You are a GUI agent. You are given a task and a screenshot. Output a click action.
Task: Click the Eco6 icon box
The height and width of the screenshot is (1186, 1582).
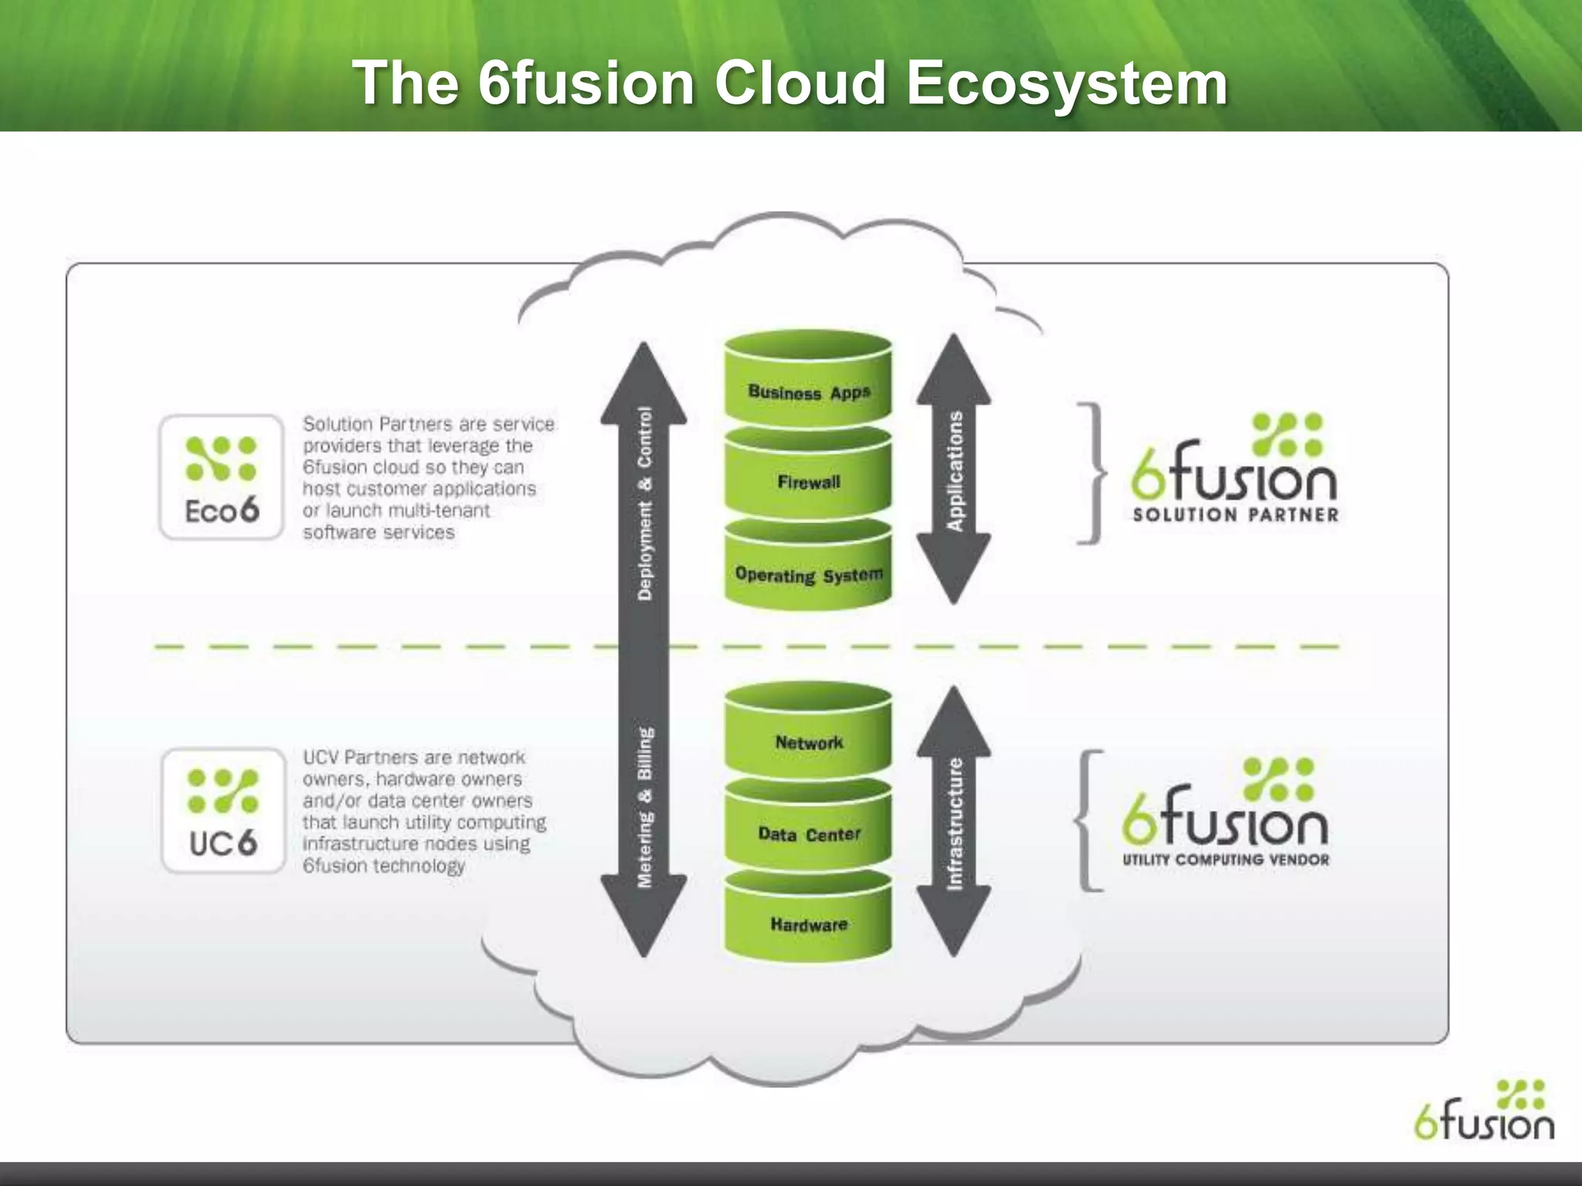[x=222, y=477]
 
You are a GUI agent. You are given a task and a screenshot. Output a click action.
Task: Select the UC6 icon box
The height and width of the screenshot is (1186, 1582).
[x=223, y=811]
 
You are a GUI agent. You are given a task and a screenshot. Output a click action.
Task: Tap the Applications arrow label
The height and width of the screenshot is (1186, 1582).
[x=955, y=470]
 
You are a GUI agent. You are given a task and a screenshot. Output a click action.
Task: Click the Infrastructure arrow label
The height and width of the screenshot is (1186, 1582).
[x=955, y=823]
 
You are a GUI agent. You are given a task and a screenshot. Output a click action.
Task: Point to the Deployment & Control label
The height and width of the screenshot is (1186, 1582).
[x=644, y=503]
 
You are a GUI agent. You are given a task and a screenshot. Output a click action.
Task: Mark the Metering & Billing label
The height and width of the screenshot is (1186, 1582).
[x=644, y=807]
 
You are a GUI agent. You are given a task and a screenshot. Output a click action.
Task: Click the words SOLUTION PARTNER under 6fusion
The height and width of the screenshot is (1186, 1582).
[x=1234, y=515]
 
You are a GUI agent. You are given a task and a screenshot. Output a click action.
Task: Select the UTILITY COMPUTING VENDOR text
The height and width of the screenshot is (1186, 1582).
[x=1225, y=859]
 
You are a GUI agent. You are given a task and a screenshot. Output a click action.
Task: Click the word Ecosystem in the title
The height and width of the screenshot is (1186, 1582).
[x=1067, y=83]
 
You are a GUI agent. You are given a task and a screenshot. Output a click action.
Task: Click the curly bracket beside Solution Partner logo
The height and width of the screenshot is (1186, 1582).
[x=1091, y=473]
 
